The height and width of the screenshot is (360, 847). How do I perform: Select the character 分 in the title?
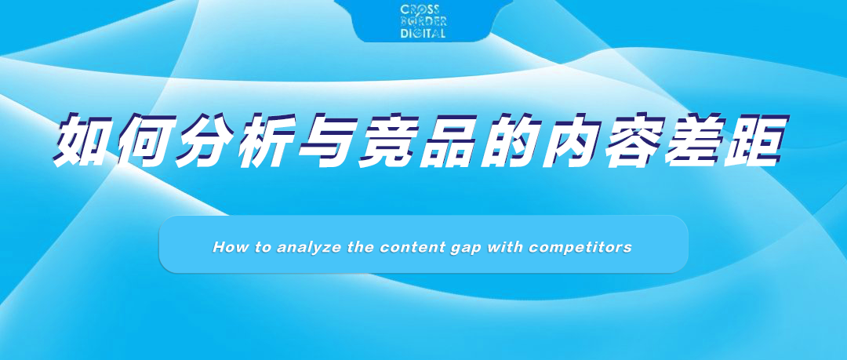(x=205, y=140)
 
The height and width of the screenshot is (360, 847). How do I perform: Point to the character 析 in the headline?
(x=266, y=140)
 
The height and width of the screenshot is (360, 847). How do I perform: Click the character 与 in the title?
(x=327, y=140)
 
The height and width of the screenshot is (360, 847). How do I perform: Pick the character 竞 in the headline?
(x=388, y=140)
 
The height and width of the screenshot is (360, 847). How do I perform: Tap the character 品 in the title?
(x=449, y=140)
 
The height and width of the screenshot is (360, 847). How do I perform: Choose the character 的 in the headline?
(x=511, y=140)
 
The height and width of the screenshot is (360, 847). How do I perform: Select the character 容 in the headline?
(x=634, y=140)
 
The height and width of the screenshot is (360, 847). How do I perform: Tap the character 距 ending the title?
(x=756, y=140)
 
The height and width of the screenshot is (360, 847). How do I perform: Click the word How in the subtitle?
(x=226, y=247)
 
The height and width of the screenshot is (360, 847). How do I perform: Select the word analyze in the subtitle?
(x=304, y=248)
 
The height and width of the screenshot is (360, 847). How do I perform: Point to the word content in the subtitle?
(x=413, y=247)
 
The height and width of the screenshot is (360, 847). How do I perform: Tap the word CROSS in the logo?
(x=420, y=10)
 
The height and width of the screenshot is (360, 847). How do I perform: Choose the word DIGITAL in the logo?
(x=423, y=33)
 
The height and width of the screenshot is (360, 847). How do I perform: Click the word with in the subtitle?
(x=504, y=247)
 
